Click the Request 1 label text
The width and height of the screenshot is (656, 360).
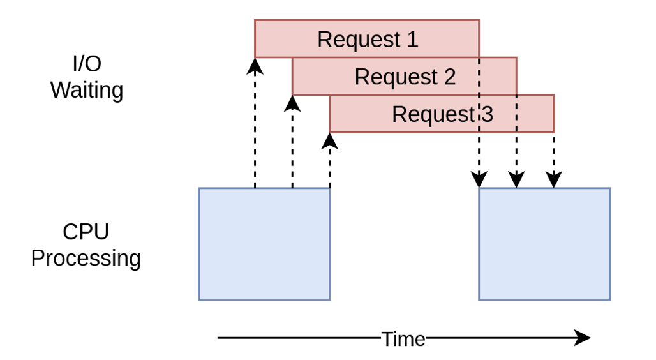(367, 40)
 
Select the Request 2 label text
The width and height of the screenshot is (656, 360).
(405, 77)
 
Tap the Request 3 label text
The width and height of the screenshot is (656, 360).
(442, 114)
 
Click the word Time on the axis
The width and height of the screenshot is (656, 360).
(403, 339)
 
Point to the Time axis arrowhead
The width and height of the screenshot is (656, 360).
(582, 338)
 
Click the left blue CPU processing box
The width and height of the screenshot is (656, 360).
(264, 244)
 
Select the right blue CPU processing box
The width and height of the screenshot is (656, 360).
(544, 244)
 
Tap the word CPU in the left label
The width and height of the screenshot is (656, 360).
(86, 232)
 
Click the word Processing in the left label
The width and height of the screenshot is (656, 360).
(86, 259)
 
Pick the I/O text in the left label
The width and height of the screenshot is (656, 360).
(87, 64)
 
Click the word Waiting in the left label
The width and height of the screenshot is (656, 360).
(87, 90)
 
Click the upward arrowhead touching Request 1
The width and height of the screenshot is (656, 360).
(255, 65)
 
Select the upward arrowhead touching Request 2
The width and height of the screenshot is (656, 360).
(292, 103)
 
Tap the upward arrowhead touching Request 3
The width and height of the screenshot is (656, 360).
(329, 140)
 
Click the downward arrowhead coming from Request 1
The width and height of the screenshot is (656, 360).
(479, 180)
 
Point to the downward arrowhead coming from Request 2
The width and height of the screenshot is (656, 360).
(516, 180)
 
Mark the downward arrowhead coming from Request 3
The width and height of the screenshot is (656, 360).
(553, 180)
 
